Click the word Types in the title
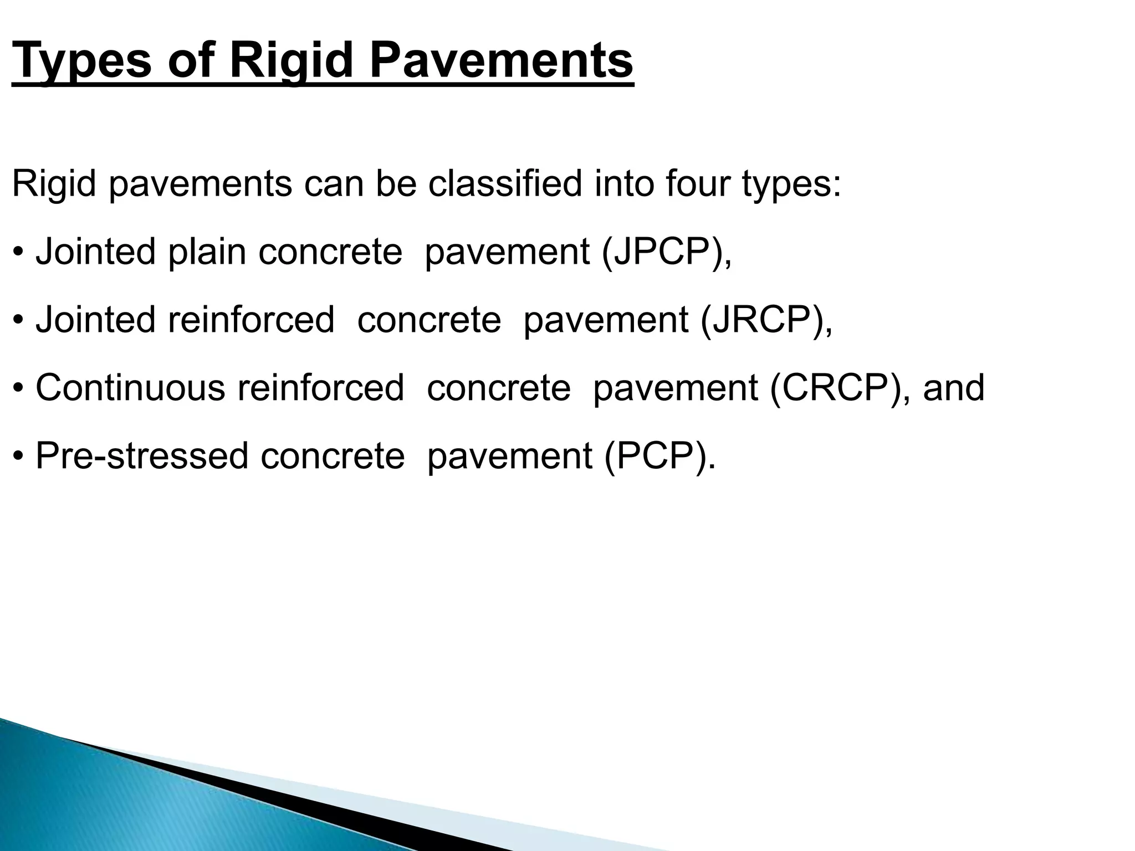(x=81, y=61)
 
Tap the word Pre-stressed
(x=142, y=456)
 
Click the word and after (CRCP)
(x=953, y=388)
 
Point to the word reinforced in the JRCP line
(x=251, y=320)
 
